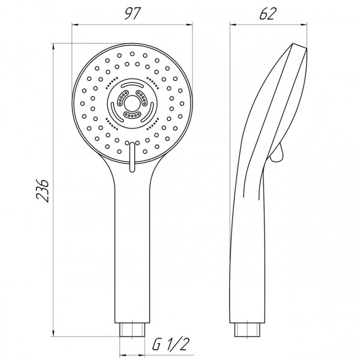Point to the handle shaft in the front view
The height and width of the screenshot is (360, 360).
(x=131, y=252)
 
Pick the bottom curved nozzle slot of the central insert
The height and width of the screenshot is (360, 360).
(x=131, y=114)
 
